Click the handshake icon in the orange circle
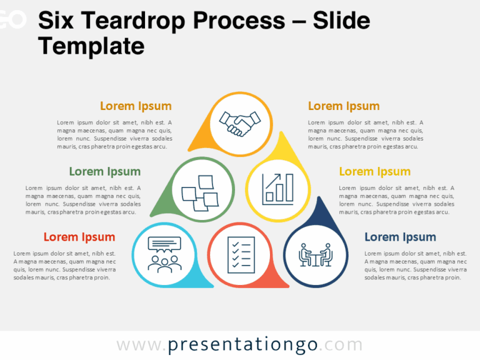(241, 122)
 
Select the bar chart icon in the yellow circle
(277, 188)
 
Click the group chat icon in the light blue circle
(164, 254)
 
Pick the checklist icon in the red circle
(241, 254)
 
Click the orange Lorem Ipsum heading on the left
(136, 106)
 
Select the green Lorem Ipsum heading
(105, 171)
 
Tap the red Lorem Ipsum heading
(79, 237)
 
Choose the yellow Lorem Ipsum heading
(375, 171)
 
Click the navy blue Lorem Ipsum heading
(400, 237)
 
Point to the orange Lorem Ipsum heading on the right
(344, 106)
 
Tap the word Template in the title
(91, 46)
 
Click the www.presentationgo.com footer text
(239, 344)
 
